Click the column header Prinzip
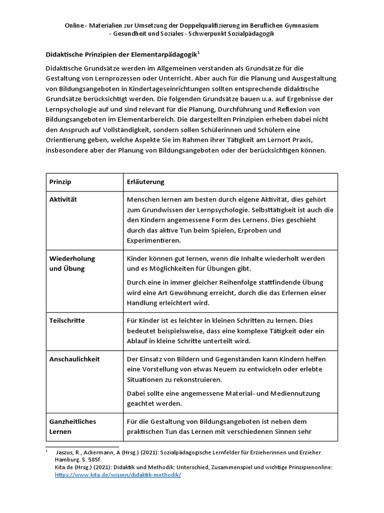point(60,182)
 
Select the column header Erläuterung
point(146,182)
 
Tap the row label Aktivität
point(63,199)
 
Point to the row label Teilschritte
point(67,320)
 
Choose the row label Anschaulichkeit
point(74,359)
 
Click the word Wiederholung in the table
point(72,259)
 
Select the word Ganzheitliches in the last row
point(72,421)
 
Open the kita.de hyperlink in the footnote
point(117,475)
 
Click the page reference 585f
point(93,460)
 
